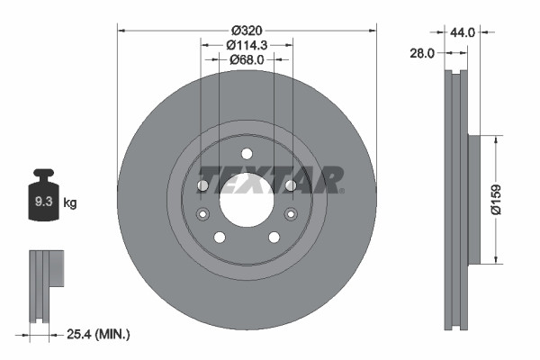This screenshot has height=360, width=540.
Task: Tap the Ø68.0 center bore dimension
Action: [x=247, y=59]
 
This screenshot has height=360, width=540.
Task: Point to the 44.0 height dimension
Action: [x=487, y=31]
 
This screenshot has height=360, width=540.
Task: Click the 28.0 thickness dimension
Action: [x=422, y=53]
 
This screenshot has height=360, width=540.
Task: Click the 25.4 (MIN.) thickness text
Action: [x=99, y=334]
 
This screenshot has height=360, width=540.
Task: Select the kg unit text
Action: [x=70, y=202]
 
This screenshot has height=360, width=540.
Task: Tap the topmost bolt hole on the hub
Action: [x=247, y=154]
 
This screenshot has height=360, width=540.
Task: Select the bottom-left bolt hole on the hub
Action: [x=219, y=238]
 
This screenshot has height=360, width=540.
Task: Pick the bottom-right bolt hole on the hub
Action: [x=274, y=238]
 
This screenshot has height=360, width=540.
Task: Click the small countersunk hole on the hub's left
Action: [x=202, y=214]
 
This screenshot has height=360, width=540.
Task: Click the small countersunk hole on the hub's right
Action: [x=291, y=214]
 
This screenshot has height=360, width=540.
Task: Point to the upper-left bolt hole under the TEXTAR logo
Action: [x=202, y=185]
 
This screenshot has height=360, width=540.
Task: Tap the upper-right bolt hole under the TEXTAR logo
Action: [x=291, y=185]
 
